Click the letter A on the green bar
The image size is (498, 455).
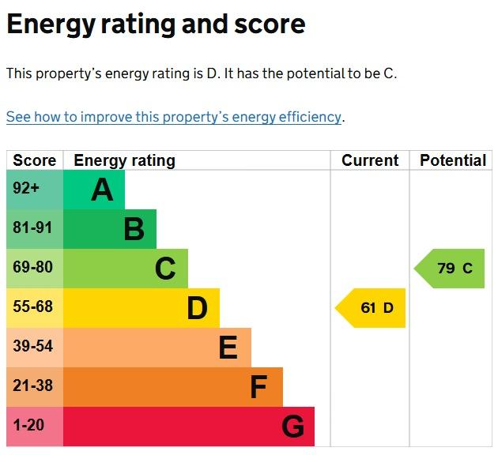(x=102, y=190)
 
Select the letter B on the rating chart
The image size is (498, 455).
(x=134, y=229)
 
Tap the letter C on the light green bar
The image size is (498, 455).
(x=165, y=269)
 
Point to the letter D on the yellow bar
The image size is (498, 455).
(x=198, y=308)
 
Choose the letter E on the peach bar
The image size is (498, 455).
(x=228, y=347)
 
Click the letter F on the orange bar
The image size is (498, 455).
(x=258, y=386)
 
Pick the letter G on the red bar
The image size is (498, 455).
(x=292, y=426)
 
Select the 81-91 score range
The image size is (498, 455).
(x=32, y=227)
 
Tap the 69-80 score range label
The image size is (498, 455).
(x=32, y=267)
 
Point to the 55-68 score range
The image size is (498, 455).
(x=32, y=306)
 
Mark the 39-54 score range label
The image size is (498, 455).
(x=32, y=346)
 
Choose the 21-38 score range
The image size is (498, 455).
(x=32, y=385)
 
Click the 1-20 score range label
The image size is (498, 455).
(x=28, y=425)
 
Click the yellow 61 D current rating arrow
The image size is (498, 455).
(x=370, y=308)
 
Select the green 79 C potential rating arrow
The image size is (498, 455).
(x=450, y=269)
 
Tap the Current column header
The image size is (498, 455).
(x=370, y=160)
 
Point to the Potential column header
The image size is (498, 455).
(x=453, y=160)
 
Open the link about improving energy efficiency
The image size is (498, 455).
(x=174, y=117)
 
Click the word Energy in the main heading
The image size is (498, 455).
(x=51, y=24)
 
